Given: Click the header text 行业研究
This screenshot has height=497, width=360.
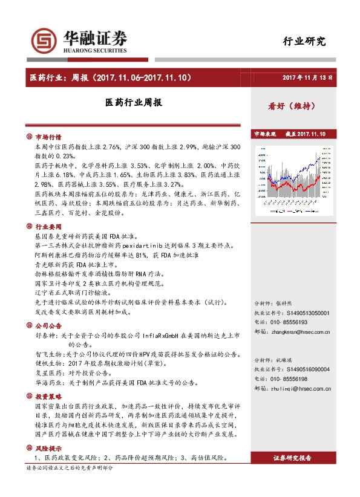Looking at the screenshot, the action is [x=304, y=41].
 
